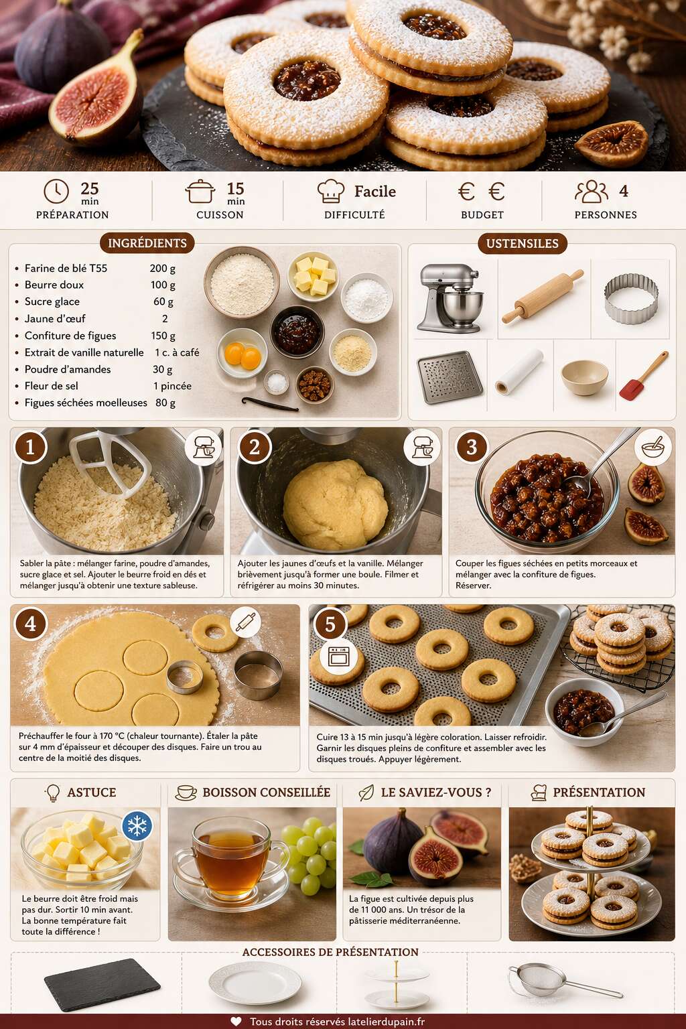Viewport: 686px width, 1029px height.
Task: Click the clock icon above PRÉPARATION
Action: pos(56,191)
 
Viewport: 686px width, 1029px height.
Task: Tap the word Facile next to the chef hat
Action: pos(375,191)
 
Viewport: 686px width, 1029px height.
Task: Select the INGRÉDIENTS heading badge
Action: pos(147,243)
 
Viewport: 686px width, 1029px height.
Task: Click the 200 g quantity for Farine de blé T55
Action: pos(163,268)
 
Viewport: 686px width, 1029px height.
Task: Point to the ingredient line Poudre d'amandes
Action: pos(68,369)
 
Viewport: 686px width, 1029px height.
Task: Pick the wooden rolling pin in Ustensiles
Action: pos(543,296)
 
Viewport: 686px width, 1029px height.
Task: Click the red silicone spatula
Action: pos(643,375)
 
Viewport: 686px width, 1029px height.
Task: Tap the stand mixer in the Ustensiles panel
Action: pos(450,297)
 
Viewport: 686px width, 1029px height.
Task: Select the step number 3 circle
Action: pos(472,447)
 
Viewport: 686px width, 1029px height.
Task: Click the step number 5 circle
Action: pos(330,624)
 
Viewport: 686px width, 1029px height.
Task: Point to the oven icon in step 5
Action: pos(339,657)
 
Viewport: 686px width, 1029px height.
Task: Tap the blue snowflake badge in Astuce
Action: pos(137,826)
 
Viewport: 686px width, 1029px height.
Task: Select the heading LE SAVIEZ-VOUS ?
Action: pos(435,793)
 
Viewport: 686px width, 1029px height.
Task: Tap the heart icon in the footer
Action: pos(236,1021)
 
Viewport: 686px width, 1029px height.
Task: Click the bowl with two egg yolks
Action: pos(242,353)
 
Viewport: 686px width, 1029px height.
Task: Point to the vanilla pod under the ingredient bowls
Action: pos(270,404)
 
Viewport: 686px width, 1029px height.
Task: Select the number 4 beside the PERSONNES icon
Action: pos(624,191)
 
